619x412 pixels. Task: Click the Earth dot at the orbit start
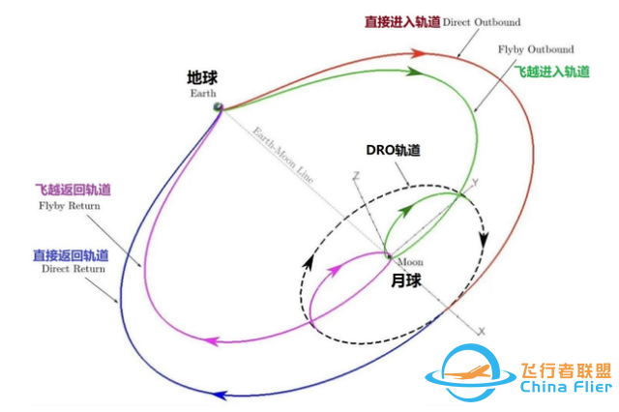pyautogui.click(x=220, y=106)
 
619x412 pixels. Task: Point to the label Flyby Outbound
pyautogui.click(x=535, y=48)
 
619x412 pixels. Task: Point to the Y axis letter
pyautogui.click(x=474, y=181)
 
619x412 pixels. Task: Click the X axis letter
pyautogui.click(x=480, y=331)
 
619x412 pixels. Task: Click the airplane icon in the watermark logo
pyautogui.click(x=466, y=371)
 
